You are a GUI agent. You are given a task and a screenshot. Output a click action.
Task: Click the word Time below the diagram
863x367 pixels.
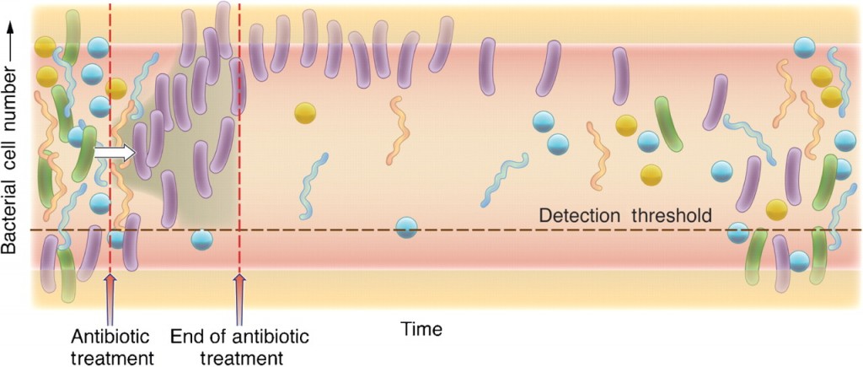422,327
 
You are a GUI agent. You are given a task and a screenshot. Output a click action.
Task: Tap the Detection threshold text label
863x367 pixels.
625,215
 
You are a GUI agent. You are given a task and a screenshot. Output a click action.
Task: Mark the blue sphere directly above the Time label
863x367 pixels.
407,227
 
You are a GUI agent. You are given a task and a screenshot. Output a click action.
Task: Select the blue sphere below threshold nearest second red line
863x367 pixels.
201,240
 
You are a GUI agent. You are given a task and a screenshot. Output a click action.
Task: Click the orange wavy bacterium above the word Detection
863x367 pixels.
598,155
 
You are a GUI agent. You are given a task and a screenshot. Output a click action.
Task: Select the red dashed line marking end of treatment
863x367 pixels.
239,169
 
